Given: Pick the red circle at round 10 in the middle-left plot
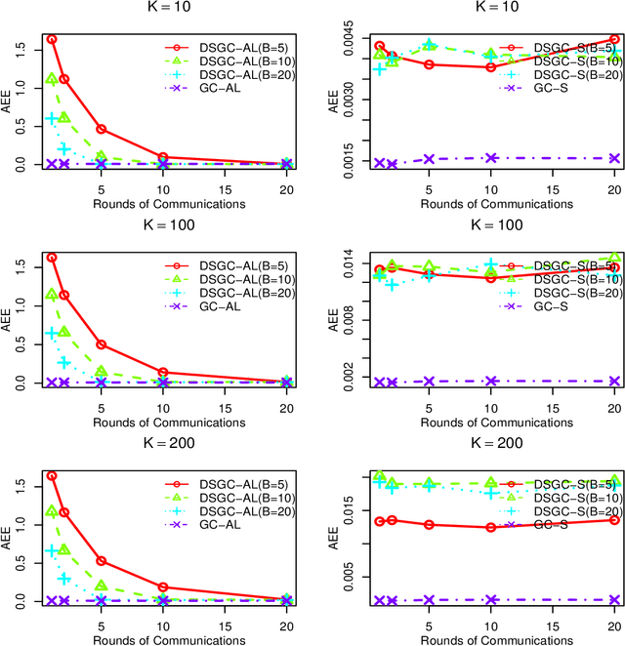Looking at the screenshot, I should (162, 372).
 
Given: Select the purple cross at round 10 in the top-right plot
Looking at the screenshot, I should (491, 157).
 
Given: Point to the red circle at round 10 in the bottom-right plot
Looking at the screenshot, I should (491, 527).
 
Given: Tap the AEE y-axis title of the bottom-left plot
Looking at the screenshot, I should (8, 542).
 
